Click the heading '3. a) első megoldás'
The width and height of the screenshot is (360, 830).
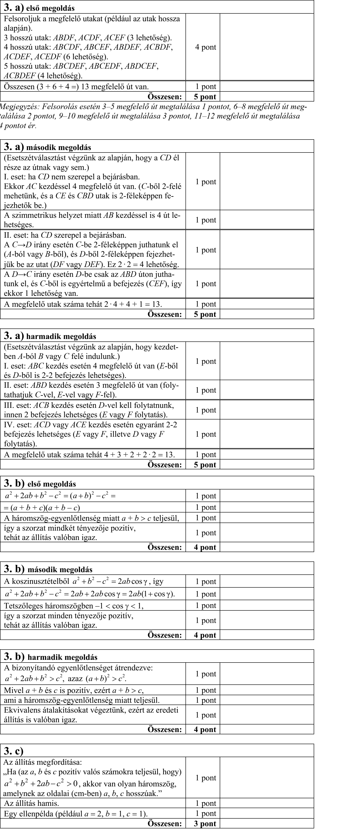pyautogui.click(x=39, y=7)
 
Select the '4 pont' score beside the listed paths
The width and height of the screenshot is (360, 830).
pyautogui.click(x=205, y=47)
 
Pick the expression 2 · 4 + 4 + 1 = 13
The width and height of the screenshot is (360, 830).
pyautogui.click(x=132, y=304)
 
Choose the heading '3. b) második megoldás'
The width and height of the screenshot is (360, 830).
pyautogui.click(x=48, y=569)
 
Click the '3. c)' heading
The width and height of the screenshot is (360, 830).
pyautogui.click(x=13, y=751)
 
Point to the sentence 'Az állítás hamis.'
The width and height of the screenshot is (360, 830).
pyautogui.click(x=31, y=803)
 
